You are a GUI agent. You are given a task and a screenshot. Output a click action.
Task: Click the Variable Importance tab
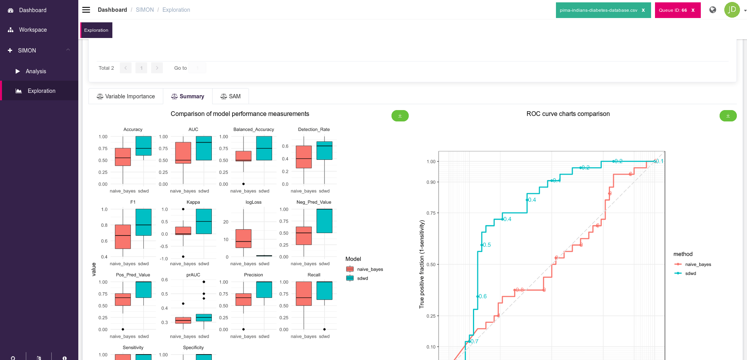point(126,96)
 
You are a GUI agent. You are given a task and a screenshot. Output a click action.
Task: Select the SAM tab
point(231,96)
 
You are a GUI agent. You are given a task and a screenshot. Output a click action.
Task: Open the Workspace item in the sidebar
point(32,30)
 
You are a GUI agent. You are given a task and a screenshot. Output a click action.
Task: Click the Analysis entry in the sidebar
point(36,71)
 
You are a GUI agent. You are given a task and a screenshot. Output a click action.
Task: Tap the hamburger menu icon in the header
point(86,10)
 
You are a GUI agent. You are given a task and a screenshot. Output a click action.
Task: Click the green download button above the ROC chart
point(728,116)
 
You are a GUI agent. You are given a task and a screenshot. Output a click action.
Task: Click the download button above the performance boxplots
point(400,116)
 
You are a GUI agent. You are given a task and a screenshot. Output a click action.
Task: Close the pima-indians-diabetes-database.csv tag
point(643,10)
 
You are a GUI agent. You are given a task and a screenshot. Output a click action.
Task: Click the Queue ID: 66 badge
point(673,10)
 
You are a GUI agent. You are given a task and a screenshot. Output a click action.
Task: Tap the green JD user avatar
point(732,10)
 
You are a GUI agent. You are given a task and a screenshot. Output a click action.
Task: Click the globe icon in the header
point(713,10)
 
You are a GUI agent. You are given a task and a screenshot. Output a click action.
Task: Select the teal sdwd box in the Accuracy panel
point(143,146)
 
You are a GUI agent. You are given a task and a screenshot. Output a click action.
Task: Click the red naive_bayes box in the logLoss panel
point(243,238)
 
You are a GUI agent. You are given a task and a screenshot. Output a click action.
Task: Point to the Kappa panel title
point(193,202)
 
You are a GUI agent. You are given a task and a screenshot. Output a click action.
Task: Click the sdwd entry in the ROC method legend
point(690,273)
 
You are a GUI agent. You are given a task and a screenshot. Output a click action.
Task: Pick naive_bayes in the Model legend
point(370,269)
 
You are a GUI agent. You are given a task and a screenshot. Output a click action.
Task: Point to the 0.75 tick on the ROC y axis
point(431,213)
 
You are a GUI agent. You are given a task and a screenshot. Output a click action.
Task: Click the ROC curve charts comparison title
point(568,114)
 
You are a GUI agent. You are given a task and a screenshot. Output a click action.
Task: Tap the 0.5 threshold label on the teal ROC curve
point(487,245)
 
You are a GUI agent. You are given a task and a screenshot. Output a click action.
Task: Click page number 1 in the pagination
point(141,68)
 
